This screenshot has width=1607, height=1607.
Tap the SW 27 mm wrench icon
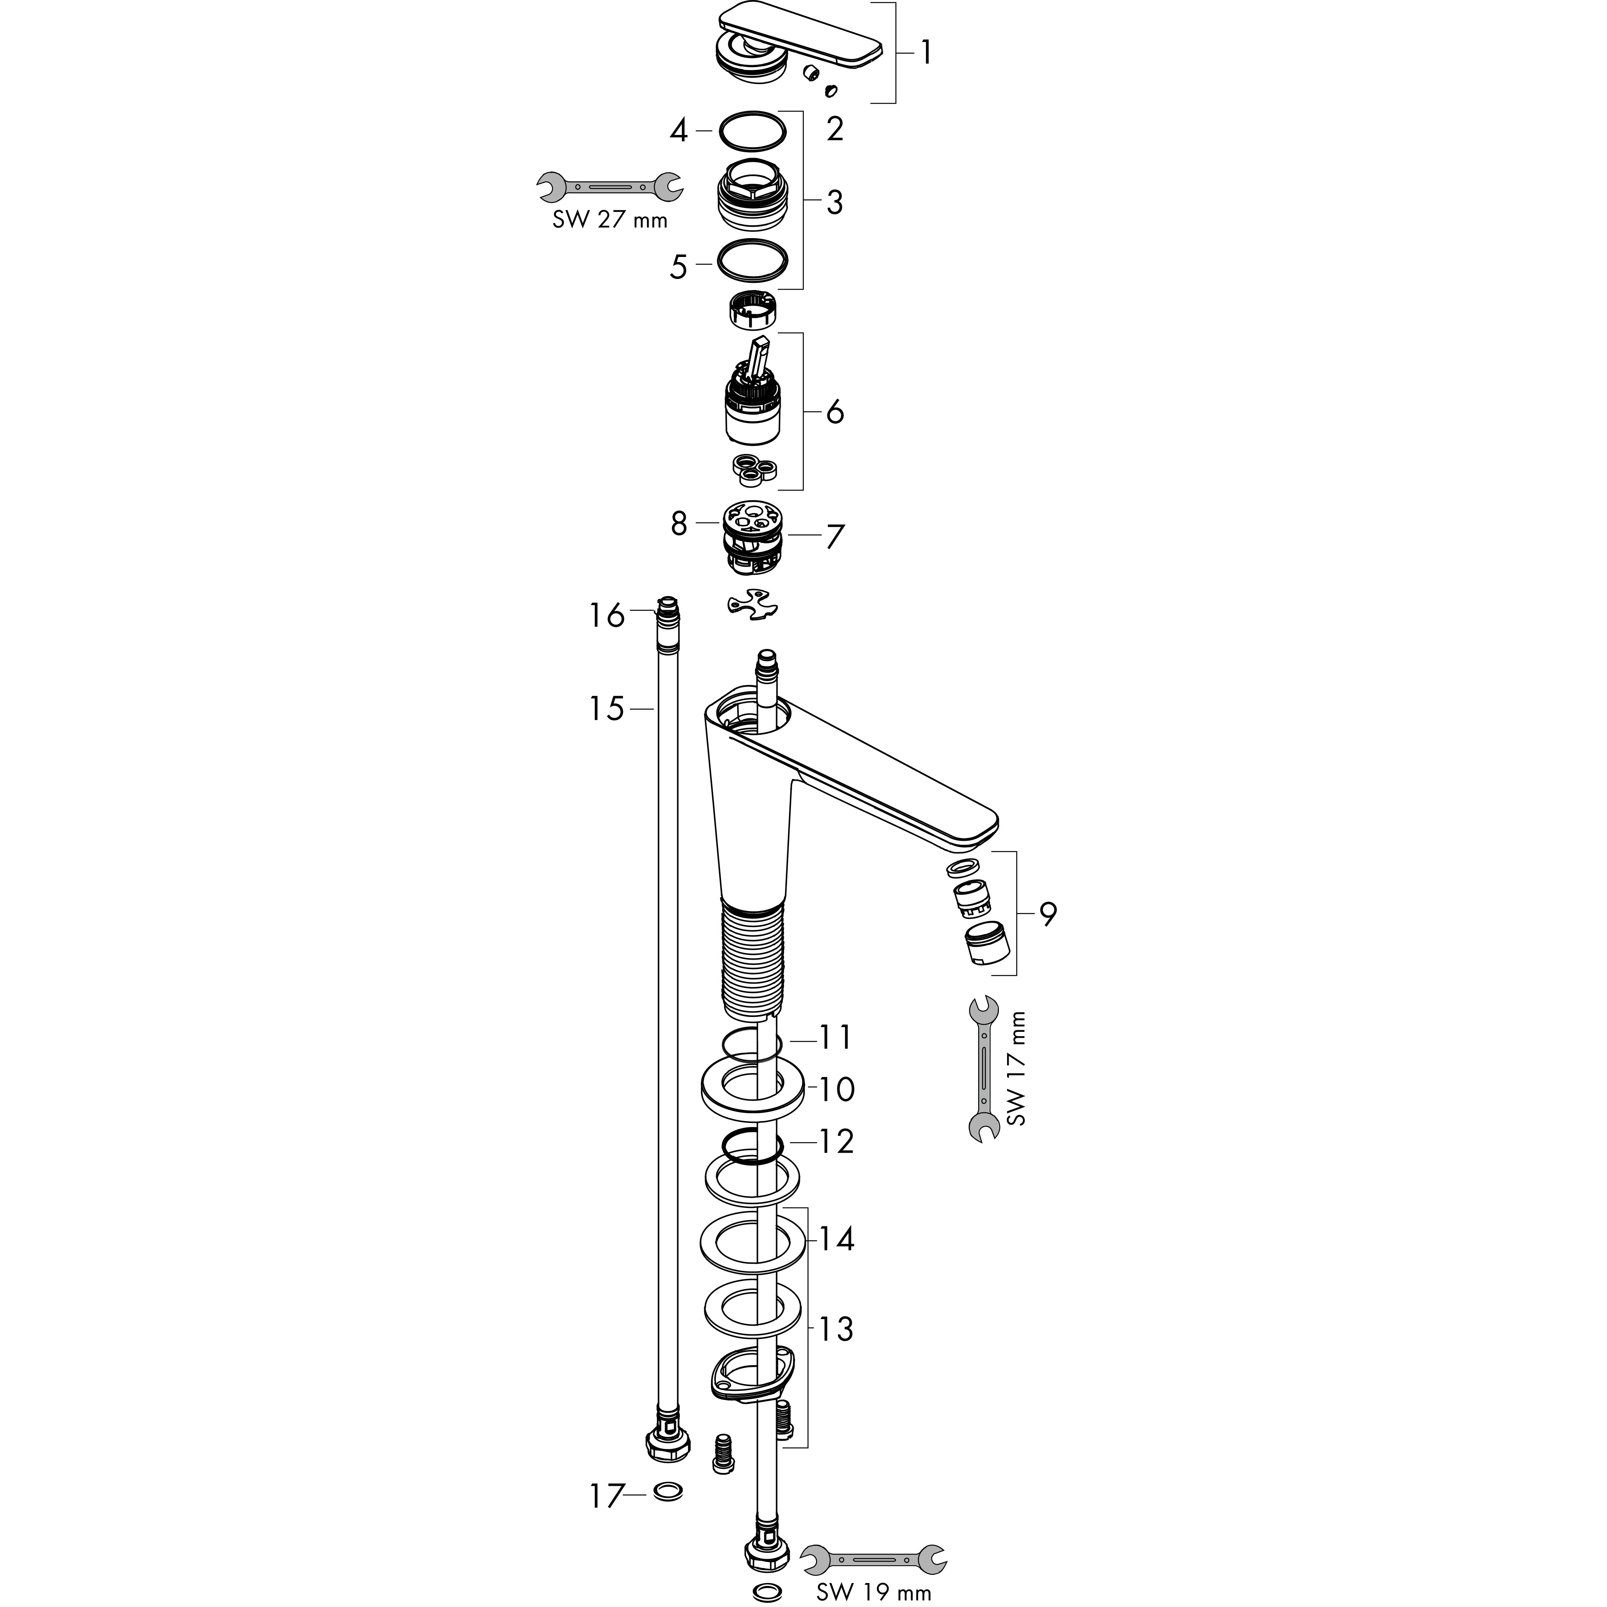[610, 187]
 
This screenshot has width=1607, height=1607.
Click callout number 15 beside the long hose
[607, 709]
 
